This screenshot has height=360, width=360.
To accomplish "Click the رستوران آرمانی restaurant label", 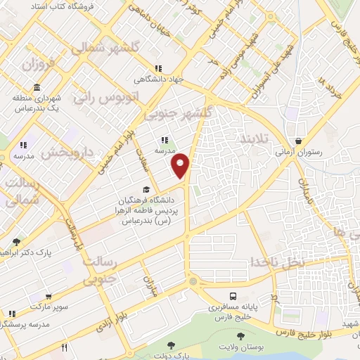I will [299, 151].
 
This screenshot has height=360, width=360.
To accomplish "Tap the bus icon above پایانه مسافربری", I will [232, 296].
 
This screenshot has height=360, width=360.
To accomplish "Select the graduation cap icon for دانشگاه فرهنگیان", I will [146, 189].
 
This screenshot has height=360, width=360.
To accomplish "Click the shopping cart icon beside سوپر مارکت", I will [12, 312].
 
